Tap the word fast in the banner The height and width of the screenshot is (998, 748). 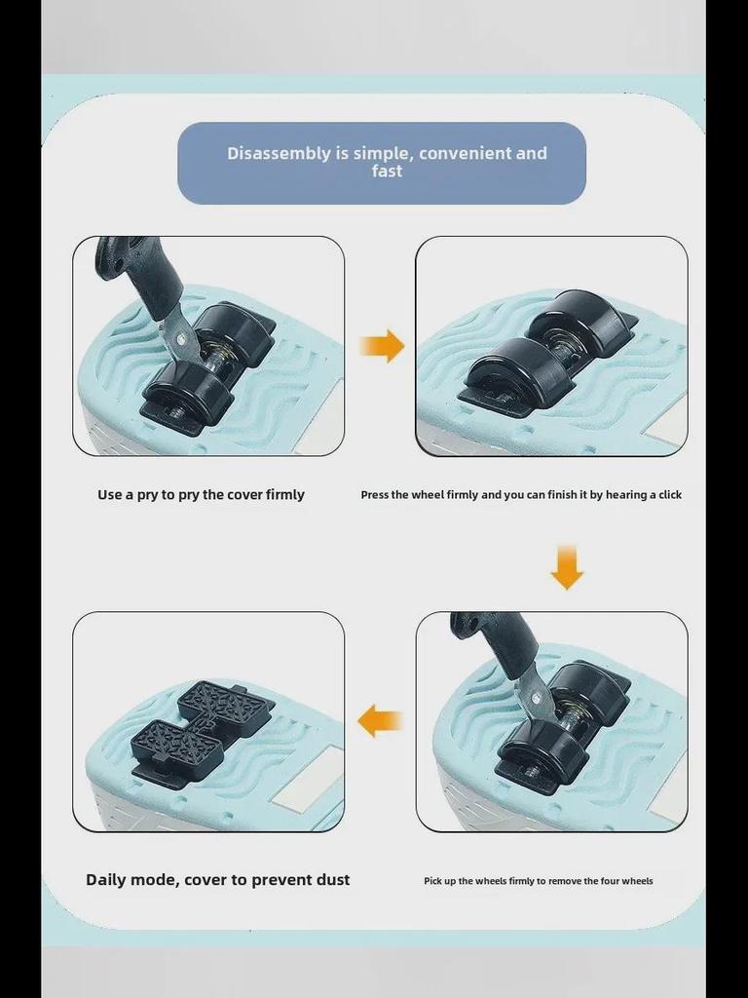click(387, 171)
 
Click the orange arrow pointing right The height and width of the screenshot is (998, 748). click(382, 346)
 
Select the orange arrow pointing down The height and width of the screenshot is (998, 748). click(567, 567)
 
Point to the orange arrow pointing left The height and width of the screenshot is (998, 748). click(381, 721)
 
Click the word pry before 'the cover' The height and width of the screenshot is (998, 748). click(188, 495)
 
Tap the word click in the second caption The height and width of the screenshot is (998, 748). click(669, 494)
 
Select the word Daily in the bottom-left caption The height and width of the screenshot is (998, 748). click(105, 880)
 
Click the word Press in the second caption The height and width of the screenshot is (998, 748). click(374, 494)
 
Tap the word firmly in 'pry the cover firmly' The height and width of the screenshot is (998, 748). click(285, 495)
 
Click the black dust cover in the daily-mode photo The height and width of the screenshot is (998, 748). click(203, 725)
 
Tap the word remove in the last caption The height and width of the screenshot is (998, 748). click(565, 881)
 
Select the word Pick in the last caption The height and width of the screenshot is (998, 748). click(432, 881)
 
